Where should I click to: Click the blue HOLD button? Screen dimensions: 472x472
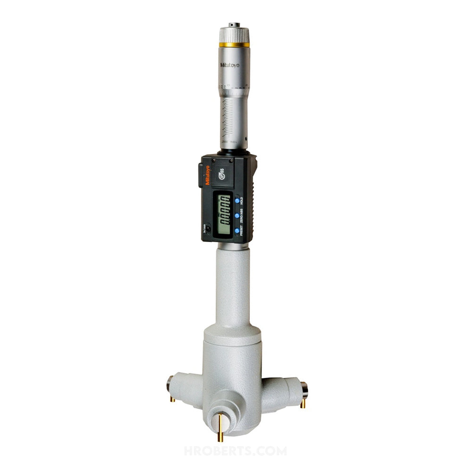(236, 200)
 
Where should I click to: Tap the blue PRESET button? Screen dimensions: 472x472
(236, 231)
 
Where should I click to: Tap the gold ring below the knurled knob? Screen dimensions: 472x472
(234, 45)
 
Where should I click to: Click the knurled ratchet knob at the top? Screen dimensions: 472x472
(234, 34)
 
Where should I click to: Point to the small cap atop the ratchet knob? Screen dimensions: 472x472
(234, 24)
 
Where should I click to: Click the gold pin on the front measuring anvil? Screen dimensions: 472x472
(220, 427)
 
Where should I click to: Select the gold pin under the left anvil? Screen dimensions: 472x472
(173, 399)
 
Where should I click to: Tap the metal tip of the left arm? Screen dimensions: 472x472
(169, 384)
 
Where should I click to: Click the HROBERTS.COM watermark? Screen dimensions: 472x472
(235, 451)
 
